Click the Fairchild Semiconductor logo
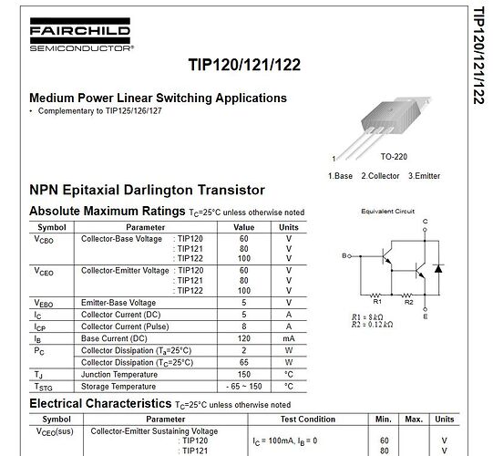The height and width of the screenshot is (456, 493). (81, 37)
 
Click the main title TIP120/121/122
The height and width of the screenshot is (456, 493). (244, 65)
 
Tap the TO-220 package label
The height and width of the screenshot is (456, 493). (394, 156)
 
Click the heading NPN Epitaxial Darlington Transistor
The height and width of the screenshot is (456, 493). (147, 190)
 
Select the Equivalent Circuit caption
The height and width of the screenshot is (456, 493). (387, 211)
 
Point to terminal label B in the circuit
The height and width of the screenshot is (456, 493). (344, 256)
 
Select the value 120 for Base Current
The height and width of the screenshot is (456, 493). (244, 337)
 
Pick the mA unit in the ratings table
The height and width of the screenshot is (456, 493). (288, 337)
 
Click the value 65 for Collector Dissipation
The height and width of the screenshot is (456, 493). (244, 361)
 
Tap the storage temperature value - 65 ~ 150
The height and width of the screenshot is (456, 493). (244, 385)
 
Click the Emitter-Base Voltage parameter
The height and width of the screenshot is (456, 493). (118, 302)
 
